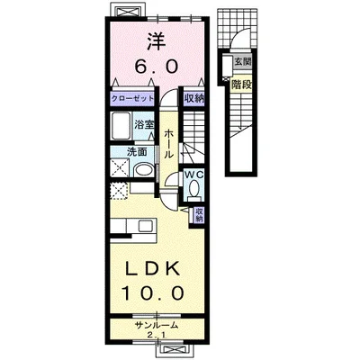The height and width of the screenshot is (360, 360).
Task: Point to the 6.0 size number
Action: [157, 67]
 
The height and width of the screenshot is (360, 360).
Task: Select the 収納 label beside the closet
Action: [193, 98]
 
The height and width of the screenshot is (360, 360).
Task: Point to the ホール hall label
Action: [169, 144]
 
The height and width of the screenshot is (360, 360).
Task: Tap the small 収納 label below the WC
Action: [199, 214]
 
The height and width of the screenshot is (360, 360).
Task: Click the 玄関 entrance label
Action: [242, 62]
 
